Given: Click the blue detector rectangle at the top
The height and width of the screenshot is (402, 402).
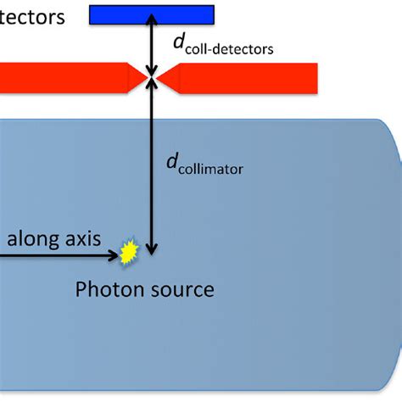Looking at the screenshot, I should (152, 13).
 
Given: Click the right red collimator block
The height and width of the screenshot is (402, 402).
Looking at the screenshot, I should (246, 78).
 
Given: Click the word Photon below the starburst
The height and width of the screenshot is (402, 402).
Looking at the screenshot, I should (104, 290).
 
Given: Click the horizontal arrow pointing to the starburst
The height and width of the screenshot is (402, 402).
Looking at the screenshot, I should (59, 253).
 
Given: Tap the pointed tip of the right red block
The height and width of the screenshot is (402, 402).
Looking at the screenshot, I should (159, 78).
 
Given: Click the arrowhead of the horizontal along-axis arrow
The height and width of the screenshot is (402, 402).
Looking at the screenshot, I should (115, 253).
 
